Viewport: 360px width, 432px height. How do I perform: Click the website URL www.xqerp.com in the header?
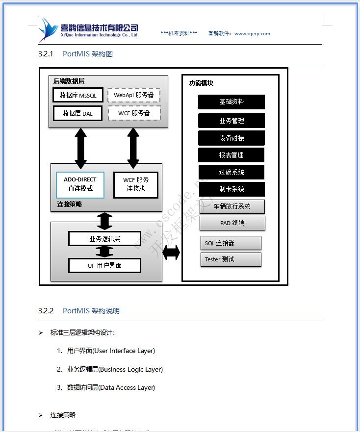point(252,34)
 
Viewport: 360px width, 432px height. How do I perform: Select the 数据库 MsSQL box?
point(78,95)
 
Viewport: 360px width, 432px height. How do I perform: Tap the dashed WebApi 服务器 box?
point(133,95)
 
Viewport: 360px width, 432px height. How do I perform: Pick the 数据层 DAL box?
point(77,114)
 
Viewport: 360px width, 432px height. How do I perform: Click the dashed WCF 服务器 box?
point(134,113)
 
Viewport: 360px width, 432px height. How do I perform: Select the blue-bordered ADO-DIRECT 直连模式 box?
point(80,184)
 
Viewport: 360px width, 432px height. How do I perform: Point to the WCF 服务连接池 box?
point(136,184)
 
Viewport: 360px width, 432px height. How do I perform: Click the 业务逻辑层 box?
point(104,239)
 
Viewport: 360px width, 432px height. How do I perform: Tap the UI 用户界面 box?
point(104,266)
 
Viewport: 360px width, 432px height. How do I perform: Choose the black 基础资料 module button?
point(231,102)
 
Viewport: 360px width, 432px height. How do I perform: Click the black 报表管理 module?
point(231,155)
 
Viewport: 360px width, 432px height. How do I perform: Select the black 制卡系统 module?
point(231,189)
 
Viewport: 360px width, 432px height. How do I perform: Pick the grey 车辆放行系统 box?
point(232,206)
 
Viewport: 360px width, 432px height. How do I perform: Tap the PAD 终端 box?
point(232,223)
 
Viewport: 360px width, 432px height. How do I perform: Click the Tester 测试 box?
point(231,259)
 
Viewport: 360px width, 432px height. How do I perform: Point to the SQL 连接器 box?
point(231,243)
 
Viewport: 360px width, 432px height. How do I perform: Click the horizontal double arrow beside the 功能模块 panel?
point(171,253)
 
